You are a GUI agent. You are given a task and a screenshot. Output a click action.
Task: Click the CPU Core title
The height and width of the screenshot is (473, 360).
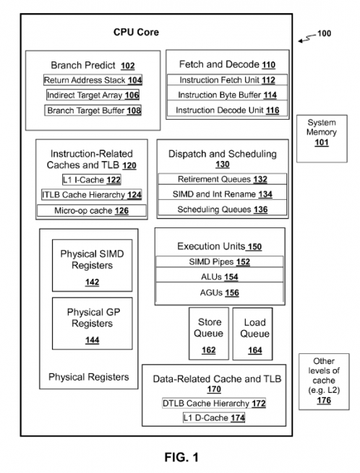click(x=136, y=32)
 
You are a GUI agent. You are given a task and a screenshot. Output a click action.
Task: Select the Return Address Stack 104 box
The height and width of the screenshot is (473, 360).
click(x=93, y=80)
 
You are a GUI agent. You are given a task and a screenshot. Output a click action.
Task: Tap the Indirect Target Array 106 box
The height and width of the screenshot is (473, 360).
click(x=93, y=95)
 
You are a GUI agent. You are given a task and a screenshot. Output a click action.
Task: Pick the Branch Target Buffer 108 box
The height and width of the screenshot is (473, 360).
click(x=93, y=110)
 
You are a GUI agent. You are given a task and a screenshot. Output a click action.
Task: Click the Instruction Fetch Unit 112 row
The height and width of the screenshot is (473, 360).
click(x=227, y=80)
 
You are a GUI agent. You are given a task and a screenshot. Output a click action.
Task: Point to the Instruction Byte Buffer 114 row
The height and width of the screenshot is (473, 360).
click(x=227, y=95)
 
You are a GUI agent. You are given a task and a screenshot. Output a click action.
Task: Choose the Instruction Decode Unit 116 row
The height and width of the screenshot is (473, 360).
click(x=227, y=110)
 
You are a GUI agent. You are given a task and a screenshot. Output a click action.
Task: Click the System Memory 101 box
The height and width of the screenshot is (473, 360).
click(x=322, y=139)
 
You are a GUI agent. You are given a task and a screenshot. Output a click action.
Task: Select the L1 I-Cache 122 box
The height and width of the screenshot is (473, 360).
click(x=92, y=180)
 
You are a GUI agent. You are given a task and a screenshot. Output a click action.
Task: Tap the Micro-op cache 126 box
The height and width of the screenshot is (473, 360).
click(x=92, y=211)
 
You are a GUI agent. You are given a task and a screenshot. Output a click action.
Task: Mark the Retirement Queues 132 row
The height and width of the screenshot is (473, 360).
click(x=222, y=179)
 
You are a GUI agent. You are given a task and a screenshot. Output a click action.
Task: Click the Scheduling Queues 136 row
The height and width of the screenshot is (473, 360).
click(x=222, y=209)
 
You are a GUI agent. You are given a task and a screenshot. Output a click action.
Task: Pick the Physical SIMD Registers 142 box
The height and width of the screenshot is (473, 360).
click(x=92, y=266)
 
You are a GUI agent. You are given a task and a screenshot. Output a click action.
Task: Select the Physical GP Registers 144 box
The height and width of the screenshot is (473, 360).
click(x=92, y=324)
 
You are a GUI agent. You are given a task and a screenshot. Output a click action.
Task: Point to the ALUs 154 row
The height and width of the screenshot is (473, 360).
click(x=220, y=277)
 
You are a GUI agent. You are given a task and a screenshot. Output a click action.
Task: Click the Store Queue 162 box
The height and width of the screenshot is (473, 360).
click(x=209, y=334)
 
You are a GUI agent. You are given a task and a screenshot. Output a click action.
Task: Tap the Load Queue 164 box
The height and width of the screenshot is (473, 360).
click(x=252, y=334)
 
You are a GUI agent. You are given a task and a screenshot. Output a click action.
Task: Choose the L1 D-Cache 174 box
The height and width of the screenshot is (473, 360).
click(x=214, y=418)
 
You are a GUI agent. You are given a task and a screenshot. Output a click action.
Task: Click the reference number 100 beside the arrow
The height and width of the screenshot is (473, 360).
click(x=324, y=33)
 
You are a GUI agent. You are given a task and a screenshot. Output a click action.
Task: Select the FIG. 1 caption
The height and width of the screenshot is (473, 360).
click(x=181, y=457)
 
